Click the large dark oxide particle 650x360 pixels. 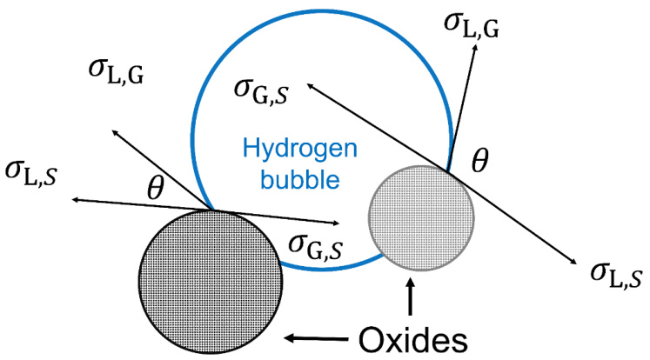(x=211, y=278)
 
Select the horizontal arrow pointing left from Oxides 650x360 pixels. (x=322, y=336)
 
